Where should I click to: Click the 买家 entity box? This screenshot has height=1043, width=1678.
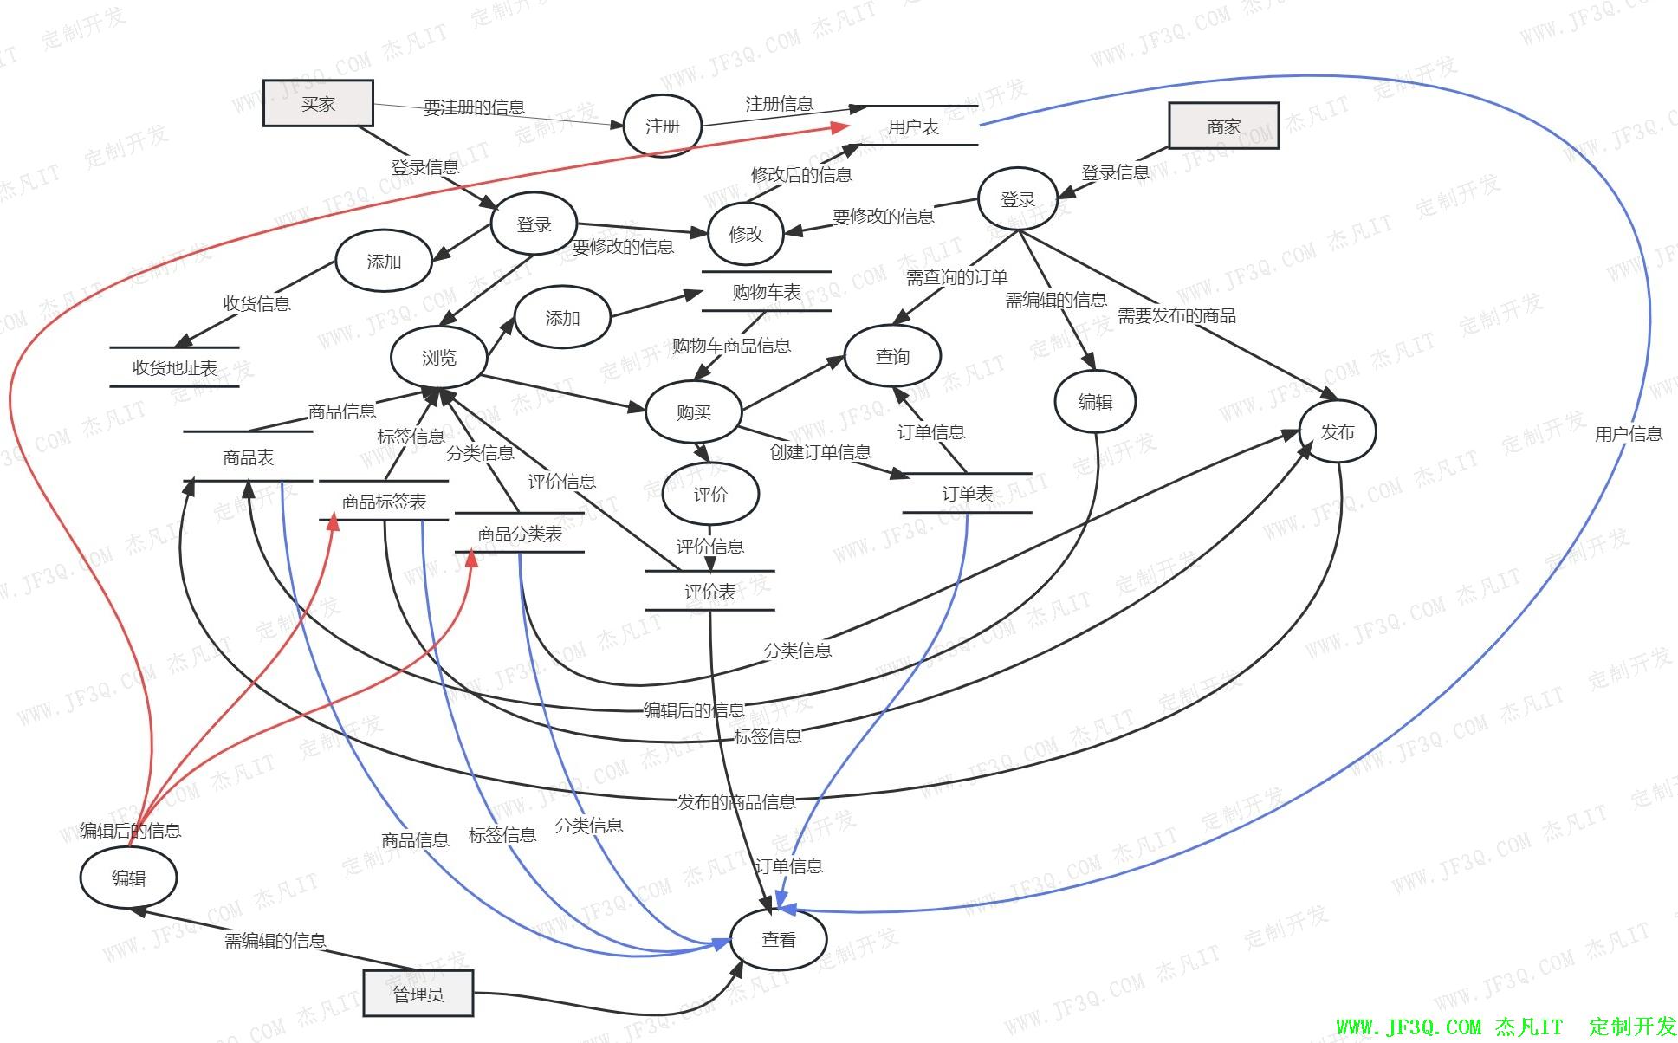click(x=318, y=104)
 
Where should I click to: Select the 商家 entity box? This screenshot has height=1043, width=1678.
click(x=1223, y=126)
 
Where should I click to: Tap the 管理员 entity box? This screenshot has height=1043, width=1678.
click(x=418, y=993)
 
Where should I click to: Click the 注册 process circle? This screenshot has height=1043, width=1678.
click(x=662, y=126)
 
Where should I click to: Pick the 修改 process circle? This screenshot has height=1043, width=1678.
click(x=745, y=234)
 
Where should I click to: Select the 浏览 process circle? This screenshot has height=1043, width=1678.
click(x=438, y=358)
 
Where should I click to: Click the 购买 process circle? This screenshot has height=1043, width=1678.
click(x=693, y=412)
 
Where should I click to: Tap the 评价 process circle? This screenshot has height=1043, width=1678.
click(x=710, y=495)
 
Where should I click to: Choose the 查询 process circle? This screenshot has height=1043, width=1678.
click(x=892, y=357)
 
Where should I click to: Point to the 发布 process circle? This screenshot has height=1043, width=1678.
click(x=1337, y=431)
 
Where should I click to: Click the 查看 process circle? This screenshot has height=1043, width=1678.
click(x=778, y=939)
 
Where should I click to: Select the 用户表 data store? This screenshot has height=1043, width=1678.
click(x=913, y=126)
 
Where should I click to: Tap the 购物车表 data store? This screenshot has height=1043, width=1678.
click(x=766, y=292)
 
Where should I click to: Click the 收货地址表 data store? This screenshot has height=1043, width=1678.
click(x=174, y=367)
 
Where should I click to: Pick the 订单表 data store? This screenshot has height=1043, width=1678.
click(x=967, y=494)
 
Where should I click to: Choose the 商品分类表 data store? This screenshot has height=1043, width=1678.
click(x=520, y=534)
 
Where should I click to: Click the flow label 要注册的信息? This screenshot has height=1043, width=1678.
click(x=474, y=107)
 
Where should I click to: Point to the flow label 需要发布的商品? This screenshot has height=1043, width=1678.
click(x=1176, y=316)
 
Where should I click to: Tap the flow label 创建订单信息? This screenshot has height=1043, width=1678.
click(x=820, y=452)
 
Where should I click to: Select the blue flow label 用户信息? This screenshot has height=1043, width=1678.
click(x=1628, y=434)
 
